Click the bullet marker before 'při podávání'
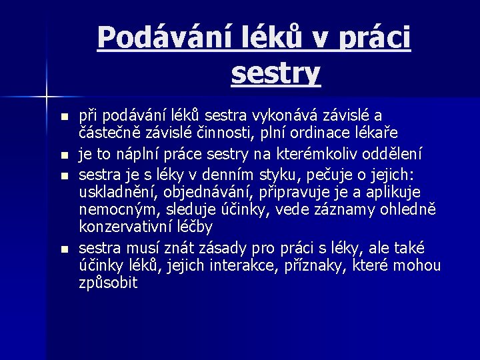[64, 117]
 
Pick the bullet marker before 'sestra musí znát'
[64, 249]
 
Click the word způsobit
[108, 283]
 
